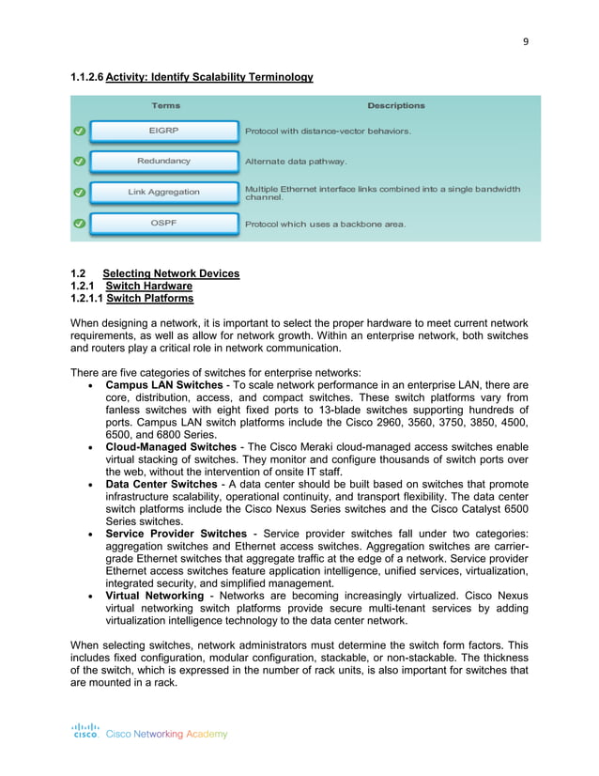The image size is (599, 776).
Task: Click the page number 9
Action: pyautogui.click(x=526, y=40)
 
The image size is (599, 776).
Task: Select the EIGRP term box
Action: pyautogui.click(x=164, y=131)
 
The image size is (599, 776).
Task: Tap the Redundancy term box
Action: pyautogui.click(x=164, y=162)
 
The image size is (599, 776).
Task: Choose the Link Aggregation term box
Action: pyautogui.click(x=164, y=193)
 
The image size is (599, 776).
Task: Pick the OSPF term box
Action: pyautogui.click(x=164, y=224)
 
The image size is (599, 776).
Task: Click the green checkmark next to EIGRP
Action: pyautogui.click(x=80, y=131)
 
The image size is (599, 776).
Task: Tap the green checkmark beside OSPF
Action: pyautogui.click(x=80, y=225)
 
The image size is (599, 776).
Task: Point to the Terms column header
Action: pyautogui.click(x=165, y=105)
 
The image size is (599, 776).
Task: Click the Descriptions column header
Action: pyautogui.click(x=395, y=105)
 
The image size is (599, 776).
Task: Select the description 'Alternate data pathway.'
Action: pyautogui.click(x=296, y=162)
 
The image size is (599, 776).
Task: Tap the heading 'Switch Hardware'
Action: pyautogui.click(x=149, y=286)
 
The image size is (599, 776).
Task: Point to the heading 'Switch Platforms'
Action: pyautogui.click(x=150, y=298)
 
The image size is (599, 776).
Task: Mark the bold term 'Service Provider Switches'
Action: pyautogui.click(x=177, y=534)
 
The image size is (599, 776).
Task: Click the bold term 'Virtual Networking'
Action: pyautogui.click(x=154, y=595)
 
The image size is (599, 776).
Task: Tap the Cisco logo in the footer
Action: pyautogui.click(x=85, y=731)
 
